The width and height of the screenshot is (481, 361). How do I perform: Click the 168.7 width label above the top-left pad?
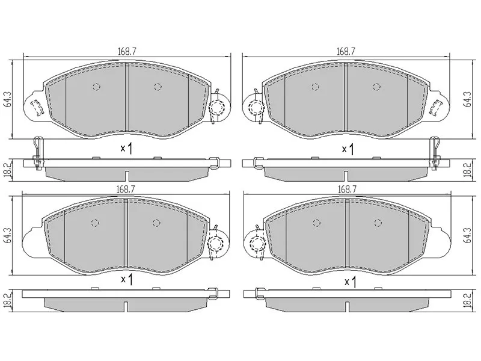pos(127,52)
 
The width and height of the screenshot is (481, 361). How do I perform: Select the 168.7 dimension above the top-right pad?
pos(347,52)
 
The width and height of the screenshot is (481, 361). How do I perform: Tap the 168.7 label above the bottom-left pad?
pos(126,190)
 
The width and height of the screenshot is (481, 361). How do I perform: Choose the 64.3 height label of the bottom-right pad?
pos(468,236)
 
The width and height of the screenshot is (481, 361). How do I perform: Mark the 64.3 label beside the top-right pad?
pos(468,99)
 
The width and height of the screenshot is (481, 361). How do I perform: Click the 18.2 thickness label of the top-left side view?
pos(8,170)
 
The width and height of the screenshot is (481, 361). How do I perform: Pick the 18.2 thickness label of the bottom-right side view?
pos(468,299)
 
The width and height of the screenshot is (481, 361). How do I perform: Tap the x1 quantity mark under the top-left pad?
pos(126,149)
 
